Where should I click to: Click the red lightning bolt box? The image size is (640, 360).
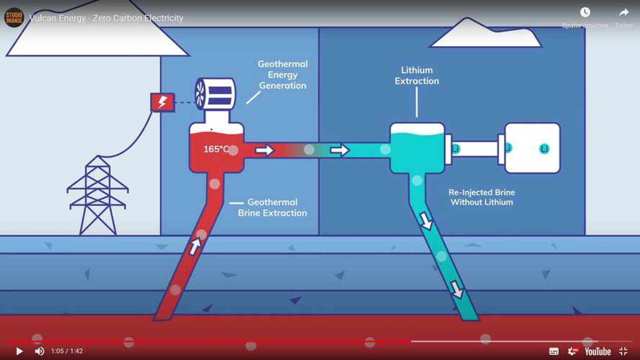point(162,102)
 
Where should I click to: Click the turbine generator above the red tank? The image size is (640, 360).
point(215,94)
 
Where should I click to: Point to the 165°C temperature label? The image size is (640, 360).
point(216,149)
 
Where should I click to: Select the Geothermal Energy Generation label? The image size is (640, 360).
point(283,75)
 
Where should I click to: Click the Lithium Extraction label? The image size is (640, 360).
point(417,76)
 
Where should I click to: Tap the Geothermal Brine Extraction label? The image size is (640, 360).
point(272,207)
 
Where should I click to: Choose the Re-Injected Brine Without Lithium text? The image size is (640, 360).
point(482,197)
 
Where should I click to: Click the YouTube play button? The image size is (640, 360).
point(19,351)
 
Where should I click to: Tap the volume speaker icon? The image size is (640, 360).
point(40,351)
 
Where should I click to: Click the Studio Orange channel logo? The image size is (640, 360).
point(14,17)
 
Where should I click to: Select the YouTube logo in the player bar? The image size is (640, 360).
point(597,351)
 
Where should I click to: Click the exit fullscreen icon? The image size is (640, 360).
point(623,351)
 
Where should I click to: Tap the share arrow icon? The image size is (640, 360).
point(624,13)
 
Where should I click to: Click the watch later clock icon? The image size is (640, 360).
point(585,13)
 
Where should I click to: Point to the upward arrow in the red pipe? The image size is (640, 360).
point(195,247)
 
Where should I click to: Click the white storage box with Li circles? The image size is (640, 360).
point(532,148)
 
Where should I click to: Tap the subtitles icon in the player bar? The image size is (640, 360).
point(554,351)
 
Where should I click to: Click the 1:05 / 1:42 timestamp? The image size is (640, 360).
point(67,351)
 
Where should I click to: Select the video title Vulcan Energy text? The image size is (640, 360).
point(106,18)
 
